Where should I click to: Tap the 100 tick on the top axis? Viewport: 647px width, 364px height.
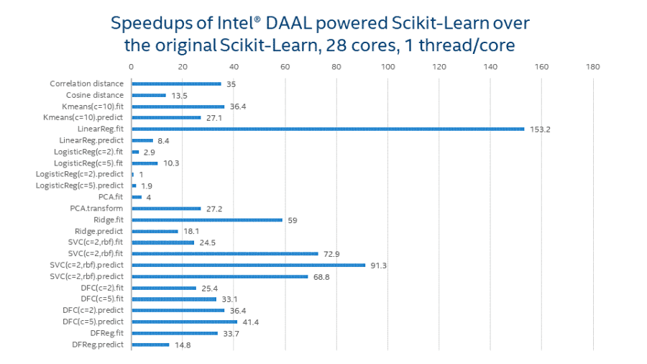(x=388, y=67)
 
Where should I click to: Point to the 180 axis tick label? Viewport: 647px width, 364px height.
(x=593, y=67)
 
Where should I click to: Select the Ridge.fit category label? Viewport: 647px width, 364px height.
(x=109, y=219)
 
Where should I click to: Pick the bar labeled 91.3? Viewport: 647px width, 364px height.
(x=248, y=265)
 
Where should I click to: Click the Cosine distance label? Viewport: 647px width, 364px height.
(x=95, y=95)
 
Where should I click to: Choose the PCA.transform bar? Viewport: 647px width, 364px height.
(x=166, y=209)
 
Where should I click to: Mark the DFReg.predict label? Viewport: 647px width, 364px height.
(x=98, y=345)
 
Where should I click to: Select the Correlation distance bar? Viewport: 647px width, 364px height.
(x=176, y=83)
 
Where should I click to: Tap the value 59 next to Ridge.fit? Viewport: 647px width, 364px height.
(x=292, y=220)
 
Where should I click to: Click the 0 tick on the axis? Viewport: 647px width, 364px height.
(x=132, y=67)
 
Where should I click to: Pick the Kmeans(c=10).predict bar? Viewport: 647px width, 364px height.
(x=166, y=117)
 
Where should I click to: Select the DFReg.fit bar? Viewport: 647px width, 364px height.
(x=175, y=333)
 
